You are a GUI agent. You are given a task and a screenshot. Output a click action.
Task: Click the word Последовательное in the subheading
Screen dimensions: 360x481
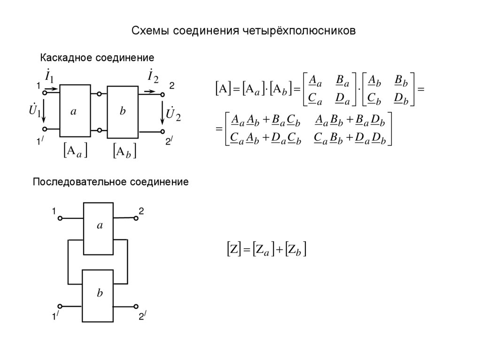(x=80, y=181)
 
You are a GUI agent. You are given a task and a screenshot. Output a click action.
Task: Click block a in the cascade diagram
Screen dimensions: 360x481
(x=75, y=111)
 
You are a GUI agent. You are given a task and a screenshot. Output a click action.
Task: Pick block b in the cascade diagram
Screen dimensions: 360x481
(x=122, y=112)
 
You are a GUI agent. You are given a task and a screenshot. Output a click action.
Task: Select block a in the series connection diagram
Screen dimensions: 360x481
(x=98, y=228)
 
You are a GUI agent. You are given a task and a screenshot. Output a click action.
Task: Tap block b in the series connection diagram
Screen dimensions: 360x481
(x=98, y=296)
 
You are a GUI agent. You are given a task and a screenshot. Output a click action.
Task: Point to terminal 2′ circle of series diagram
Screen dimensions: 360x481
(x=137, y=306)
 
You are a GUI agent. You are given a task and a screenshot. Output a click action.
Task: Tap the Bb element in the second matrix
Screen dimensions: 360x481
(x=401, y=81)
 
